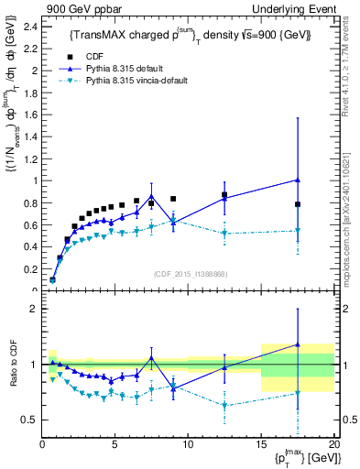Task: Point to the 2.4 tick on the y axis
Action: pos(30,25)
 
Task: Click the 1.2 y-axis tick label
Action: pos(30,158)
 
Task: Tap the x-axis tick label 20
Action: pos(333,444)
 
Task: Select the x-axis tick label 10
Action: pos(188,444)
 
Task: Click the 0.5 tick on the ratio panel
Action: pos(30,420)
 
